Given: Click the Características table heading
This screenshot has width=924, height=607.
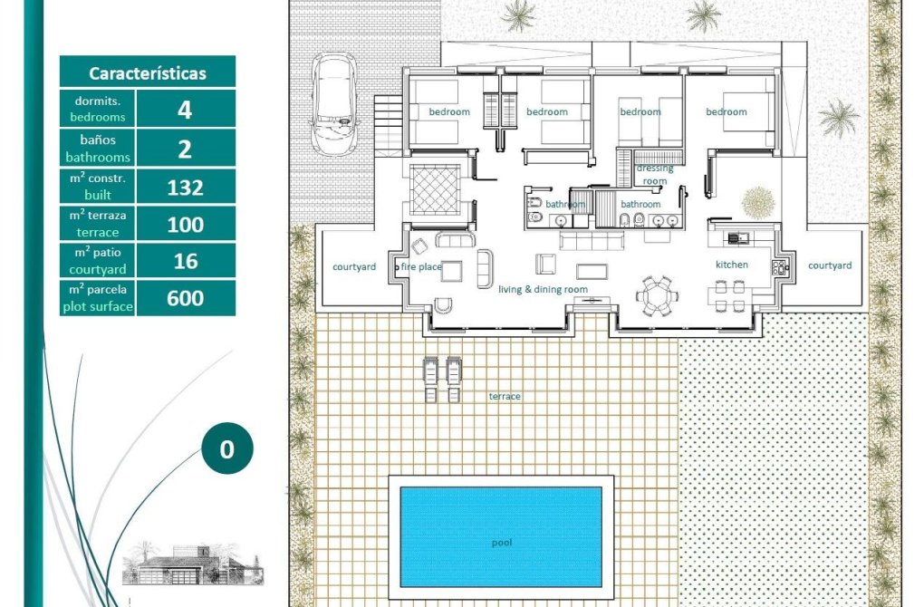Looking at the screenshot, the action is tap(148, 73).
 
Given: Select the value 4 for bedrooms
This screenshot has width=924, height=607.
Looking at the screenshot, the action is tap(185, 110).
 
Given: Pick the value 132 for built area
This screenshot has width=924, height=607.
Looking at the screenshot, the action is tap(185, 188).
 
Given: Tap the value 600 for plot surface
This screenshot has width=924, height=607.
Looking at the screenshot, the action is tap(185, 298).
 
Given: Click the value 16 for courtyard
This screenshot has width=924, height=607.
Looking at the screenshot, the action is tap(186, 261).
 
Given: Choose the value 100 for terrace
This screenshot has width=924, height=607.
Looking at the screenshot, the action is tap(185, 225).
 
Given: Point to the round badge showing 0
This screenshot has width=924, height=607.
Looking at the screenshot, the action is tap(226, 448).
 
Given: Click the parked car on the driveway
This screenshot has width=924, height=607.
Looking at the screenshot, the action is tap(334, 105).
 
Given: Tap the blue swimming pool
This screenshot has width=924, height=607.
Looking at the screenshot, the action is tap(501, 536).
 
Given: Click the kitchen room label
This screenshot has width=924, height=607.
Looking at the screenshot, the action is tap(732, 265).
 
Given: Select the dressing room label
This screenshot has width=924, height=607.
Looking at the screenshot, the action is tap(655, 175).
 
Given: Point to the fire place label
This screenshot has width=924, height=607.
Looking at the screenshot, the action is tap(421, 267).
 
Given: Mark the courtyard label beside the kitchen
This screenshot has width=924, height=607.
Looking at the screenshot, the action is tap(830, 265).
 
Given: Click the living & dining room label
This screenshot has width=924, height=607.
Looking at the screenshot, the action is tap(543, 289).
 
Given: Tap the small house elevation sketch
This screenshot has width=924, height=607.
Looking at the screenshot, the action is tap(193, 564).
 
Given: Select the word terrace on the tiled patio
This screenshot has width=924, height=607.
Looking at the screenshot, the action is tap(505, 396).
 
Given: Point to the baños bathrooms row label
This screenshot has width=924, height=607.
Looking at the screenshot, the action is tap(98, 148).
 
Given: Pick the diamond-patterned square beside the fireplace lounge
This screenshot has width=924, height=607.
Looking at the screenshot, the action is tap(435, 189).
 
